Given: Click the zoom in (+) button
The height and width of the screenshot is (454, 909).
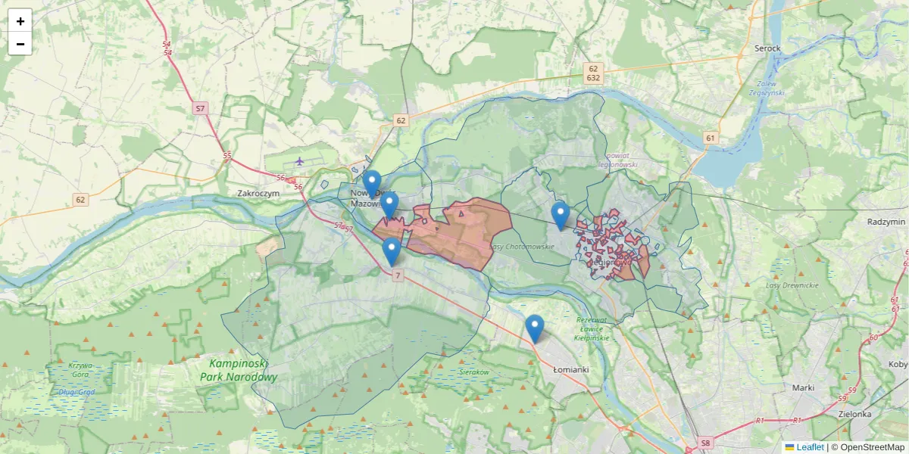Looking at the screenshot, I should (20, 21).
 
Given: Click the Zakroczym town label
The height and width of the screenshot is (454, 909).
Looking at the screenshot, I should (259, 193).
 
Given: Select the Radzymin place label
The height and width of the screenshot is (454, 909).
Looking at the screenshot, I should (886, 222).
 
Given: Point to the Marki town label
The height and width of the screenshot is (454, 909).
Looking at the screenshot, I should (802, 387).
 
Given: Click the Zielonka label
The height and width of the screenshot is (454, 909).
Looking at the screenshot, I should (854, 414).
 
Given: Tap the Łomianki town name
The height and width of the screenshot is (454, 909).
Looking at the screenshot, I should (570, 369).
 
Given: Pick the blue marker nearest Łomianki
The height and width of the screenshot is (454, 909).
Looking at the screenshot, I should (535, 329).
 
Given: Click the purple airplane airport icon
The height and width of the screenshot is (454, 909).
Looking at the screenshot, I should (300, 160).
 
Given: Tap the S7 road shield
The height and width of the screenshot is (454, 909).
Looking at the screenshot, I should (200, 108).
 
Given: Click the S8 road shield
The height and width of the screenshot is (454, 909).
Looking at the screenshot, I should (706, 443).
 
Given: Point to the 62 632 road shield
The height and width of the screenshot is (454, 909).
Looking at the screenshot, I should (593, 73).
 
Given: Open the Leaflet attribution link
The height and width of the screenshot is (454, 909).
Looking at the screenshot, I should (810, 447).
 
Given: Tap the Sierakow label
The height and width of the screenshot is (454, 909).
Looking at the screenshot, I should (475, 372).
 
